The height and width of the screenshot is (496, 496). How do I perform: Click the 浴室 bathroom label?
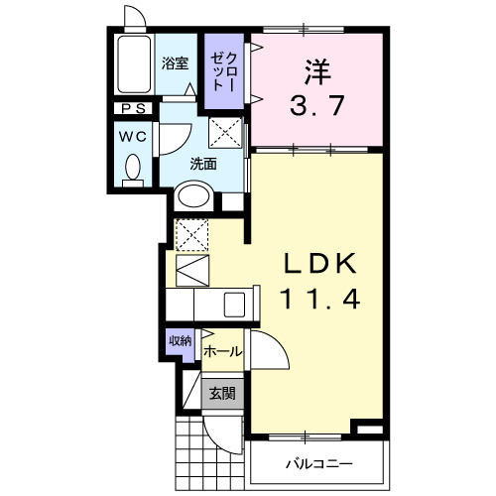pos(175,63)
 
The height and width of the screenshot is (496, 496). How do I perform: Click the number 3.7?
pos(317,104)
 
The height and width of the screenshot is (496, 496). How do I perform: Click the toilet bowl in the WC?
pos(132,172)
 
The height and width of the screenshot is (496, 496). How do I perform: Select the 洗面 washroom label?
pos(203,164)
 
